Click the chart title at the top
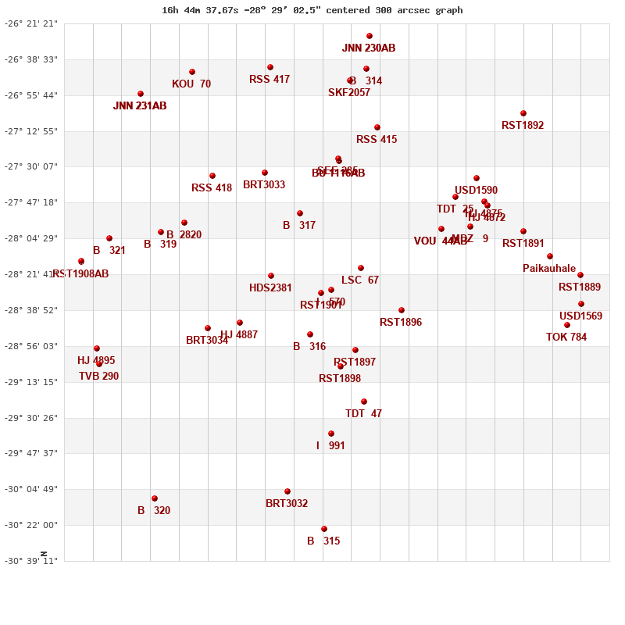point(312,10)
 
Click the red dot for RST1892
point(523,113)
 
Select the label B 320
point(154,511)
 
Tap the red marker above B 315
point(324,529)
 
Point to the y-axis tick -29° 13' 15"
point(32,382)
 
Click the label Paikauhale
point(549,269)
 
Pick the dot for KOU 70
point(192,72)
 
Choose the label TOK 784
point(566,337)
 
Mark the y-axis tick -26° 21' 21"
point(32,23)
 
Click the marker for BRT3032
point(287,491)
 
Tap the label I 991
point(330,446)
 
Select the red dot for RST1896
point(402,310)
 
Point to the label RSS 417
point(270,80)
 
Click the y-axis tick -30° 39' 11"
point(32,561)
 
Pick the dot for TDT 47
point(364,402)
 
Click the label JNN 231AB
point(140,106)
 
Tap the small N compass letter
point(44,554)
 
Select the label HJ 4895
point(96,361)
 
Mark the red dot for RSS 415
point(377,127)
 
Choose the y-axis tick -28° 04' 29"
point(32,238)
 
